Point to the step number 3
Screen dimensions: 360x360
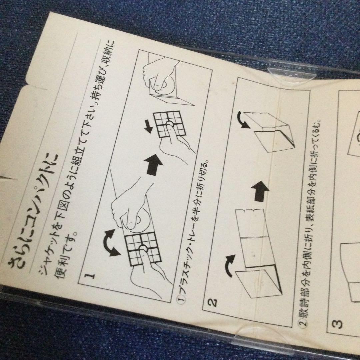(x=337, y=323)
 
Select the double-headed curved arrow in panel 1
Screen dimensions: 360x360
(x=110, y=243)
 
